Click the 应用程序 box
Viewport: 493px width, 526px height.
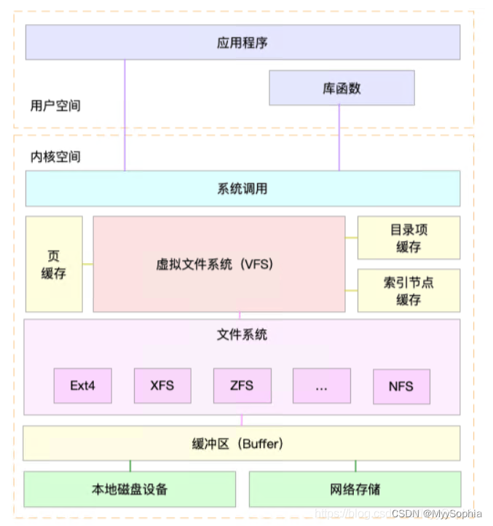point(242,42)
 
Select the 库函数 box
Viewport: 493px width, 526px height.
point(342,88)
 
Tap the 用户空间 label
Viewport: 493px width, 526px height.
point(55,106)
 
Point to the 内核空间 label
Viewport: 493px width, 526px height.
point(55,157)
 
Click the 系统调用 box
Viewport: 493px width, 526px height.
point(242,189)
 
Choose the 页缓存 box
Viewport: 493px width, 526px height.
point(54,264)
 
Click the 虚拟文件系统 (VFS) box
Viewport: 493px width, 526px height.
point(218,264)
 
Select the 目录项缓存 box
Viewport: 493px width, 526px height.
point(409,238)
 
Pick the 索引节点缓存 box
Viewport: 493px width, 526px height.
point(409,290)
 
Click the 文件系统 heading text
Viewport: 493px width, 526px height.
point(242,334)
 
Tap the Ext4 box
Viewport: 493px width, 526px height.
point(82,386)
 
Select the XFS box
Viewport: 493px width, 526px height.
point(162,386)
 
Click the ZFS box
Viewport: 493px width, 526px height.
point(242,386)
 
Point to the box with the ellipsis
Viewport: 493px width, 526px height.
point(322,386)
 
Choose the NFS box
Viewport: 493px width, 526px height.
point(401,386)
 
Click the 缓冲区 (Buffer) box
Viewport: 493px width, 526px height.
point(242,443)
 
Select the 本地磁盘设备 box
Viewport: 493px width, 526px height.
point(130,489)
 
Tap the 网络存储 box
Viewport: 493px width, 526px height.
point(355,489)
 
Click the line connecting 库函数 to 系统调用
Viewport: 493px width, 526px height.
point(339,138)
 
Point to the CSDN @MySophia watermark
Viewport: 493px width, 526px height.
point(436,514)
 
